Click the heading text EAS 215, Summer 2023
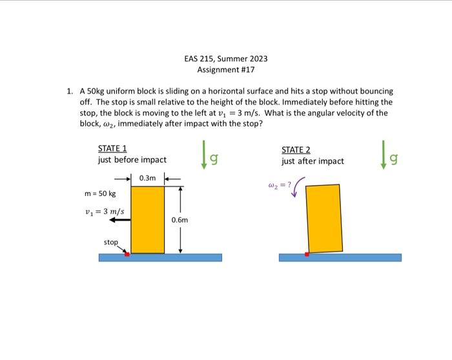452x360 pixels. click(225, 59)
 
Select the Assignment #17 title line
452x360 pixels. click(225, 70)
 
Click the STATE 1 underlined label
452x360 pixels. click(112, 148)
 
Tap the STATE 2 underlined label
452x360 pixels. click(296, 150)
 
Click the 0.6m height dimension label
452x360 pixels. click(180, 220)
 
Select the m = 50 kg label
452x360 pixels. click(100, 194)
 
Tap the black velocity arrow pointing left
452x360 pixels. click(119, 220)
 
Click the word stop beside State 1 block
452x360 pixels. click(110, 242)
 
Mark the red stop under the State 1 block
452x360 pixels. click(127, 254)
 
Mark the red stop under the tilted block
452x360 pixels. click(307, 254)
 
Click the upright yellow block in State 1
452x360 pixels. click(147, 219)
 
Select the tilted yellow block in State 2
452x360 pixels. click(324, 218)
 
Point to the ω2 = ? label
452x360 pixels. click(280, 185)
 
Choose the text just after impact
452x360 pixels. click(313, 161)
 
